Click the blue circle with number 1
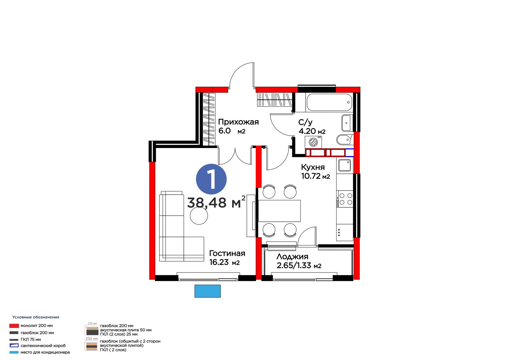[x=211, y=179]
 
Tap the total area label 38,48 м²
[x=216, y=202]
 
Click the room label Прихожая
[x=238, y=122]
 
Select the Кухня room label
[x=313, y=167]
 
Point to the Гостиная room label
[x=227, y=253]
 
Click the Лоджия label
[x=292, y=257]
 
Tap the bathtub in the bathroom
[x=329, y=102]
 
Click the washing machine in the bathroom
[x=313, y=142]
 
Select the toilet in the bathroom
[x=345, y=139]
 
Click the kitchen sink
[x=345, y=165]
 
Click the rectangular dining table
[x=279, y=211]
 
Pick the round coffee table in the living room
[x=199, y=216]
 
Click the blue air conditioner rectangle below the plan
[x=207, y=291]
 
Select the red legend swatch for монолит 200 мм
[x=14, y=326]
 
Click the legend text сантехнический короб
[x=43, y=346]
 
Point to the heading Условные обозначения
[x=36, y=317]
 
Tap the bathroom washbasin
[x=347, y=123]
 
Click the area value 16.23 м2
[x=225, y=262]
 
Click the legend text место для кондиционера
[x=45, y=352]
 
